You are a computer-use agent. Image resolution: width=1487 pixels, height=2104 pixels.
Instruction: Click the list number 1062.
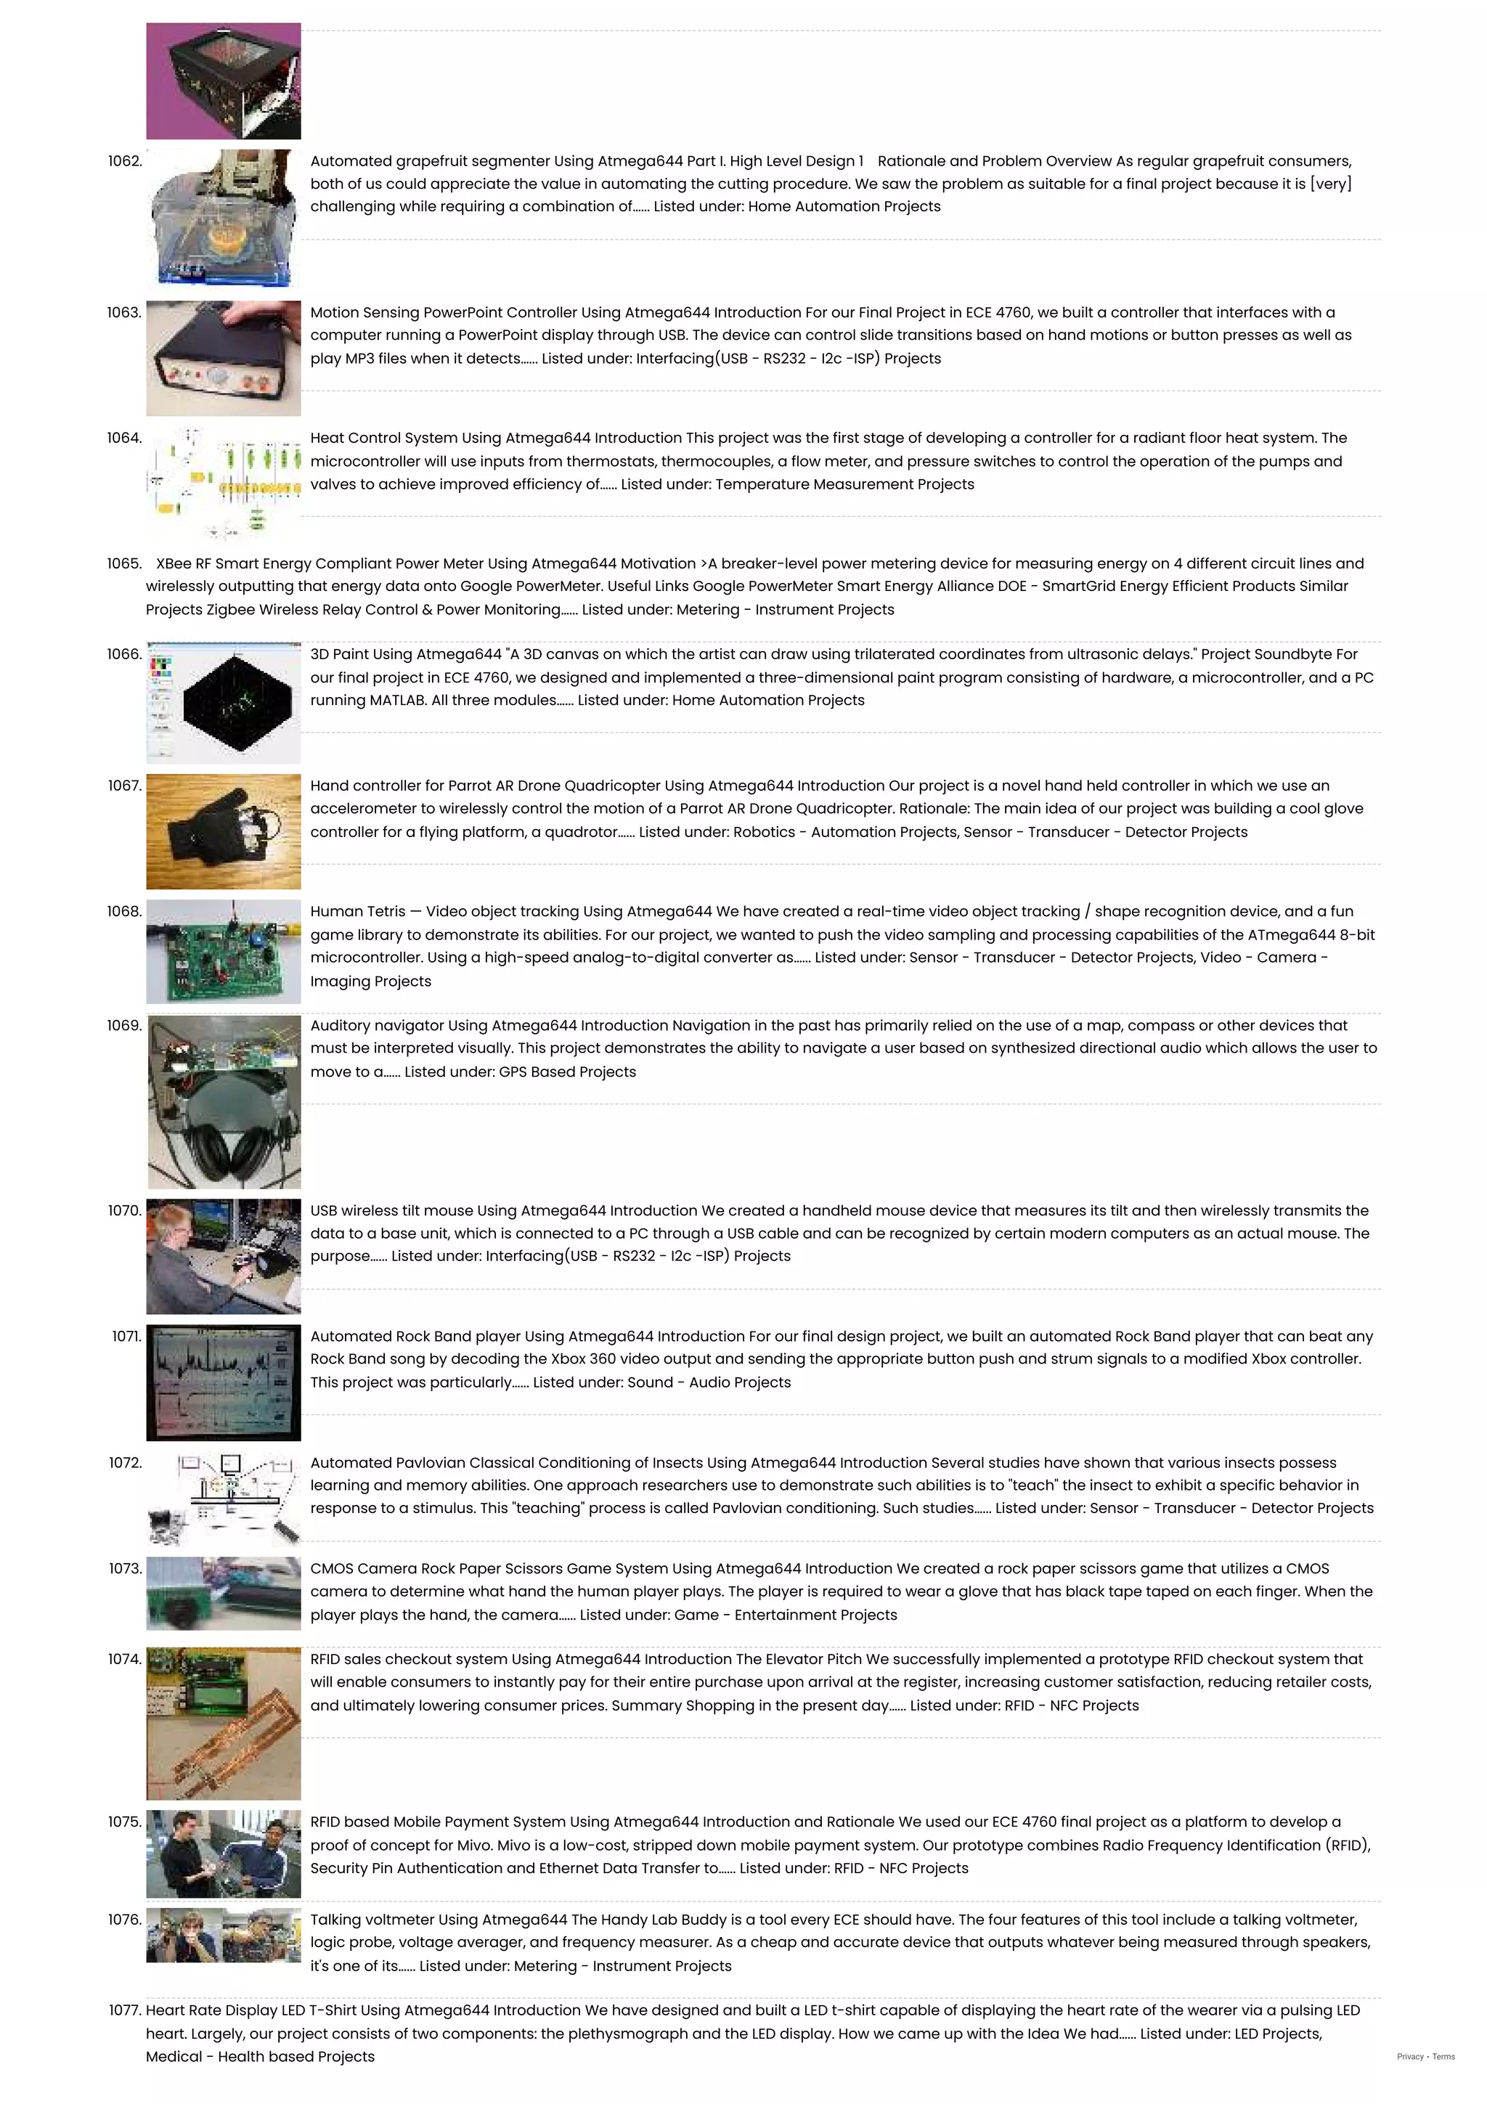(125, 161)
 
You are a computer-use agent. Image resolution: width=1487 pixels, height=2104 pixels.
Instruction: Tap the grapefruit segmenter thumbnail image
(224, 218)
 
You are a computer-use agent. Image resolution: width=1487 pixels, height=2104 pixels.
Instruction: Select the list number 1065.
(125, 563)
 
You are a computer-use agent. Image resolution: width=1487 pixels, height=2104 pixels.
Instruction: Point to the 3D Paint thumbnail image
(224, 703)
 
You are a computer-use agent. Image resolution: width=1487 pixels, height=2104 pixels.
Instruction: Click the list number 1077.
(125, 2010)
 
